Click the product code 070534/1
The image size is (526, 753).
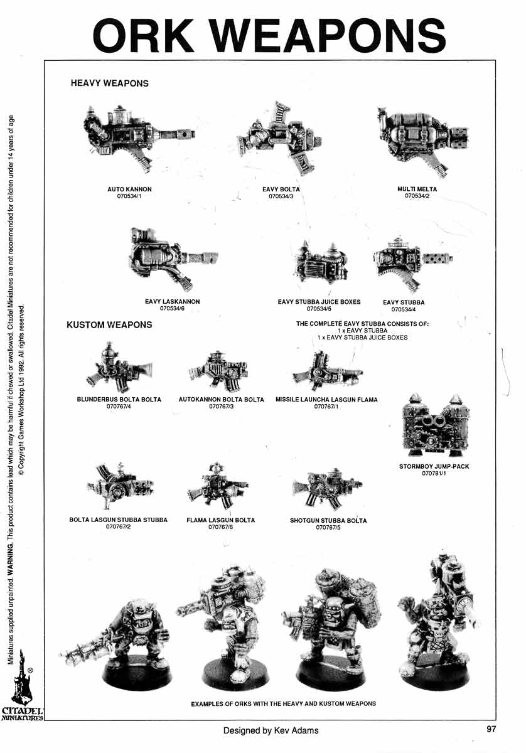pyautogui.click(x=130, y=196)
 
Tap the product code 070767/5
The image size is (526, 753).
pyautogui.click(x=328, y=528)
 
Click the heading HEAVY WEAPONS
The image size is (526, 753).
pyautogui.click(x=110, y=83)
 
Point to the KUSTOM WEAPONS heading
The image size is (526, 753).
pyautogui.click(x=109, y=325)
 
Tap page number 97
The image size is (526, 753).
pyautogui.click(x=491, y=729)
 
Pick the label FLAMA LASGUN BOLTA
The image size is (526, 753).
pyautogui.click(x=221, y=521)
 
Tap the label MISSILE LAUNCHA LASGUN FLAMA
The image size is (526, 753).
pyautogui.click(x=326, y=400)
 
